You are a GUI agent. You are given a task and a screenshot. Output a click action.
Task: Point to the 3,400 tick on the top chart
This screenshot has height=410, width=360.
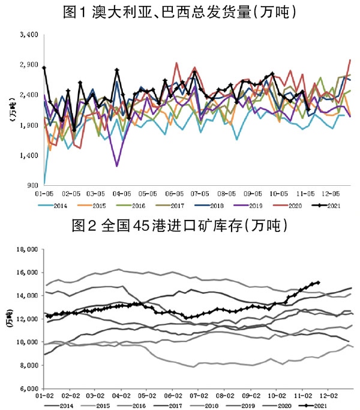[29, 35]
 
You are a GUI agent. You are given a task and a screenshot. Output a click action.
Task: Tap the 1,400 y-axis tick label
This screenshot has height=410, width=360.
[29, 155]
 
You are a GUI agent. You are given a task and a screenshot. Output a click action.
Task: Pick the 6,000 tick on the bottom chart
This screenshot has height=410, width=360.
[29, 388]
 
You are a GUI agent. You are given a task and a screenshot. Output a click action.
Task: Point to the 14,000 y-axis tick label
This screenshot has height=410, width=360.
[27, 296]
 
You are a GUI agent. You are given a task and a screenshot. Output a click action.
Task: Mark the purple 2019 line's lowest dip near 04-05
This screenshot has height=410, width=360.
[116, 165]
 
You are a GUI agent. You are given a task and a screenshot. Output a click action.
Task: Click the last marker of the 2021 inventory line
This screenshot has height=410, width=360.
[318, 282]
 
